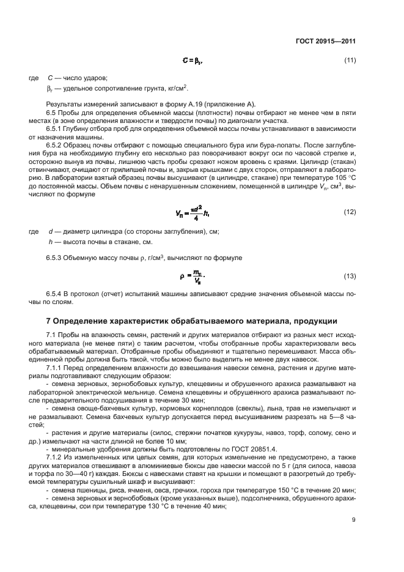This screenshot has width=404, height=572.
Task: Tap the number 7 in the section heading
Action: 49,321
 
